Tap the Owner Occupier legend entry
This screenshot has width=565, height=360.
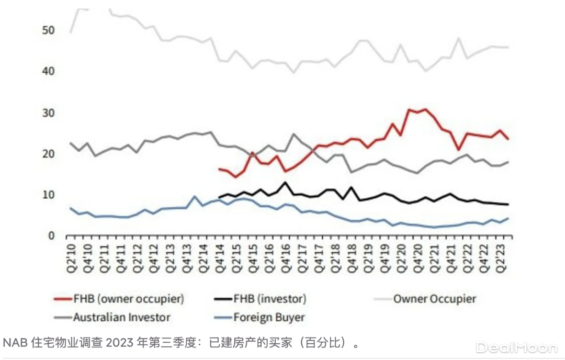[x=435, y=299]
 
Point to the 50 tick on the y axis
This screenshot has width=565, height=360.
[x=48, y=30]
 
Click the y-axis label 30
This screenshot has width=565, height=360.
[x=48, y=113]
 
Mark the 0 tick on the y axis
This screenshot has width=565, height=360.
[x=51, y=236]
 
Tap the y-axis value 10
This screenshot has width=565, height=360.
[x=48, y=195]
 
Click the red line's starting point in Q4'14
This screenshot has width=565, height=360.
[x=219, y=169]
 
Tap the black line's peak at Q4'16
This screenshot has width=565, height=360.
[x=285, y=182]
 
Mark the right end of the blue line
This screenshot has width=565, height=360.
[x=508, y=218]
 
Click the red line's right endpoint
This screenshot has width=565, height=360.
[x=508, y=139]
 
